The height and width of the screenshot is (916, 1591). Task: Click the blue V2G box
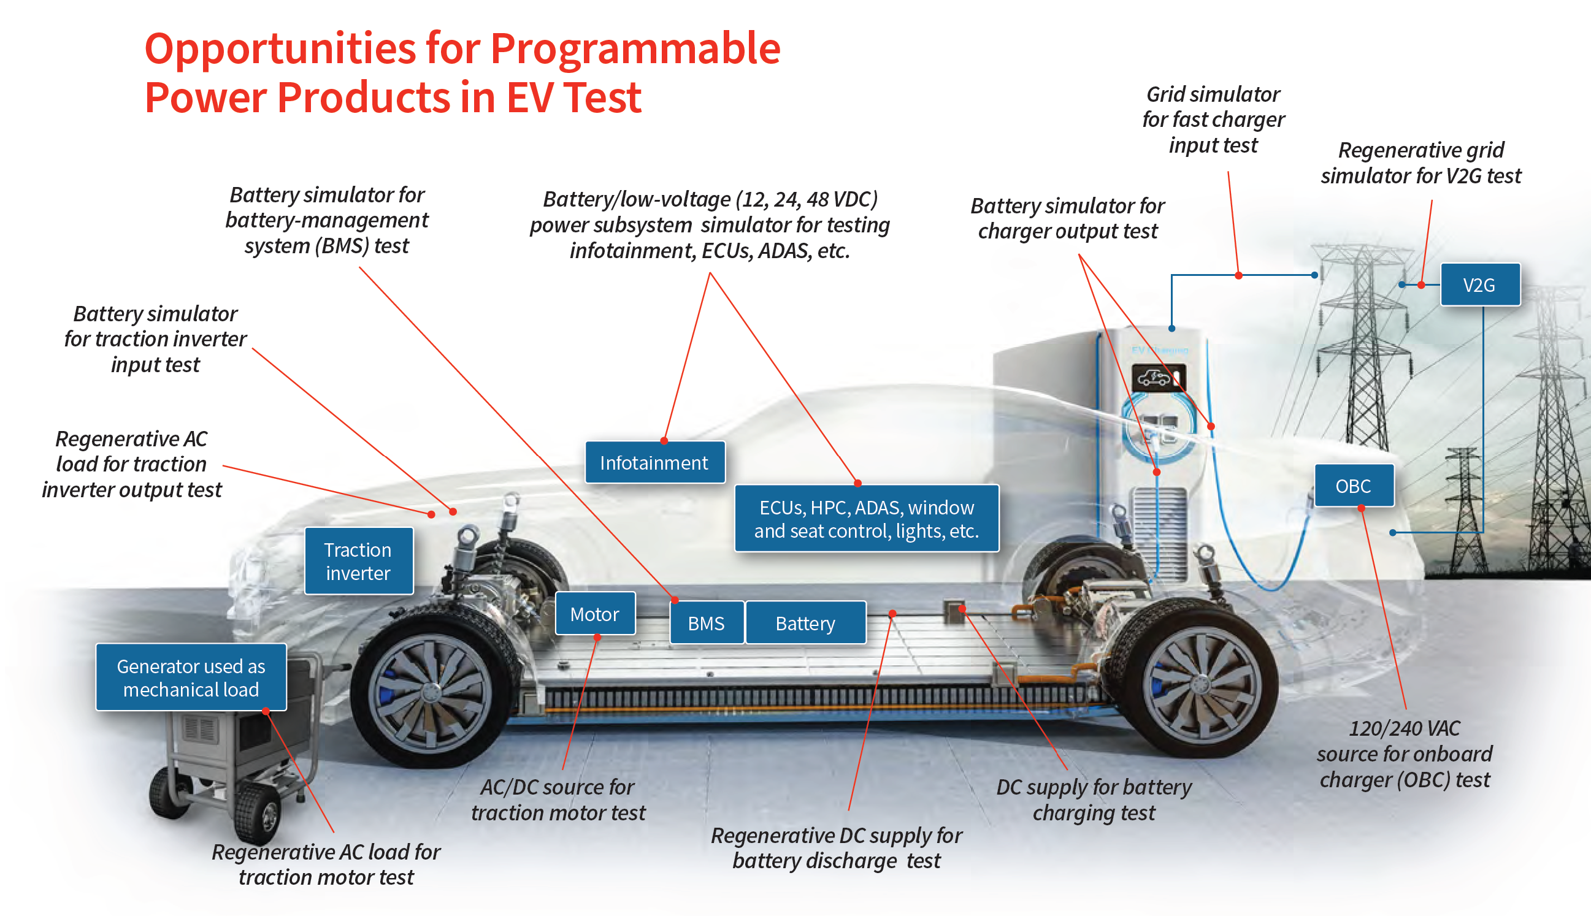pos(1479,285)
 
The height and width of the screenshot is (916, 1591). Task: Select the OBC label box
pos(1354,486)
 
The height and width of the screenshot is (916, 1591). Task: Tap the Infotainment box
pos(654,463)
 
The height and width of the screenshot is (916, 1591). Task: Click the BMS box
pos(706,623)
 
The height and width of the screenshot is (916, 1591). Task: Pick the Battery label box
pos(805,623)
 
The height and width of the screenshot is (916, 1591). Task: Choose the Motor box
pos(595,613)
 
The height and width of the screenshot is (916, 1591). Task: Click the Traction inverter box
pos(358,561)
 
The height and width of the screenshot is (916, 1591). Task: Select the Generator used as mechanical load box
pos(191,677)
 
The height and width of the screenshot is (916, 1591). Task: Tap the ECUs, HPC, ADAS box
pos(866,519)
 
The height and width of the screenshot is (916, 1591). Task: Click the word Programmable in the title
pos(635,48)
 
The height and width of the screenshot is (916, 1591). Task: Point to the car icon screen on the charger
pos(1158,378)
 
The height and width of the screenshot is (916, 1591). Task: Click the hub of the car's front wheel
pos(432,692)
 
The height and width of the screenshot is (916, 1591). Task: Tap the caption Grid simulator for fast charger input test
pos(1213,120)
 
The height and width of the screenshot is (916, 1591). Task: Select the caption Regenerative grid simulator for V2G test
pos(1420,163)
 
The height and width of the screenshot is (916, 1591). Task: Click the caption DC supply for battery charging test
pos(1094,800)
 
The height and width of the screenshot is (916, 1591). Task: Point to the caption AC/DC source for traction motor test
pos(558,800)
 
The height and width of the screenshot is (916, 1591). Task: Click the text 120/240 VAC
pos(1404,728)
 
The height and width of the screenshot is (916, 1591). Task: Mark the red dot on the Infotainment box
pos(664,440)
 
